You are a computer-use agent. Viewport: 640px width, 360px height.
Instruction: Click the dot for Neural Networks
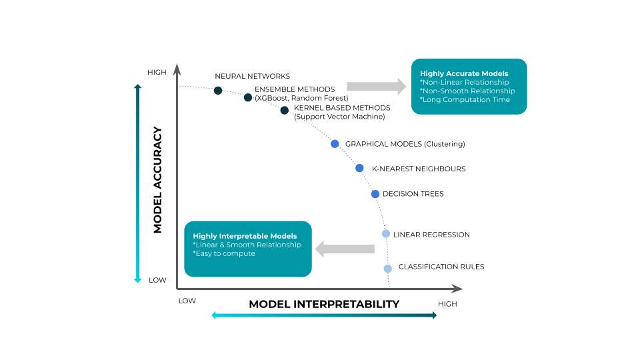(x=218, y=90)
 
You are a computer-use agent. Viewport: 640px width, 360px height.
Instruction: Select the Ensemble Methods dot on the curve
(x=248, y=98)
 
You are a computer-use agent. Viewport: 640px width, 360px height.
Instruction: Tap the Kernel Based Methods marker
(x=285, y=110)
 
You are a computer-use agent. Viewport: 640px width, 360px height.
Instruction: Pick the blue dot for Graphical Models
(x=335, y=143)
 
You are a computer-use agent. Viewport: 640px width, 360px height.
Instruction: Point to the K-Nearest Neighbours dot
(x=359, y=168)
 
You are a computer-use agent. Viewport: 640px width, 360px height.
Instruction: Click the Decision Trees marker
(x=375, y=194)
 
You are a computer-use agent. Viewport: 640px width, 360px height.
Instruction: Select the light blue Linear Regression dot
(x=385, y=234)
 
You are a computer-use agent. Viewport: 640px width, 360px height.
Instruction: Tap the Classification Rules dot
(x=387, y=268)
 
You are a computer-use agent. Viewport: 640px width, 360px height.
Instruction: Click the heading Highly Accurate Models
(x=464, y=73)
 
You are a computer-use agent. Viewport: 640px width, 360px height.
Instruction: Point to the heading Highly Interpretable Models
(x=245, y=236)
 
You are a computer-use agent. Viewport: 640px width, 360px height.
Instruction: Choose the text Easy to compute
(x=225, y=253)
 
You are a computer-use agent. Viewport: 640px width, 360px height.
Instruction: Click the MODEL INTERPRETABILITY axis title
(x=324, y=304)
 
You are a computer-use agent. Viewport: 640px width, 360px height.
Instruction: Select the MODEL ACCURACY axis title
(x=158, y=180)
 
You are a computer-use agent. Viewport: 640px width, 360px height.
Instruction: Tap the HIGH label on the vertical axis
(x=157, y=72)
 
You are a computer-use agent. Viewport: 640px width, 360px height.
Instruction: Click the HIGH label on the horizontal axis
(x=447, y=304)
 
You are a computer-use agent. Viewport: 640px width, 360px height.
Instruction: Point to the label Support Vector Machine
(x=339, y=117)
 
